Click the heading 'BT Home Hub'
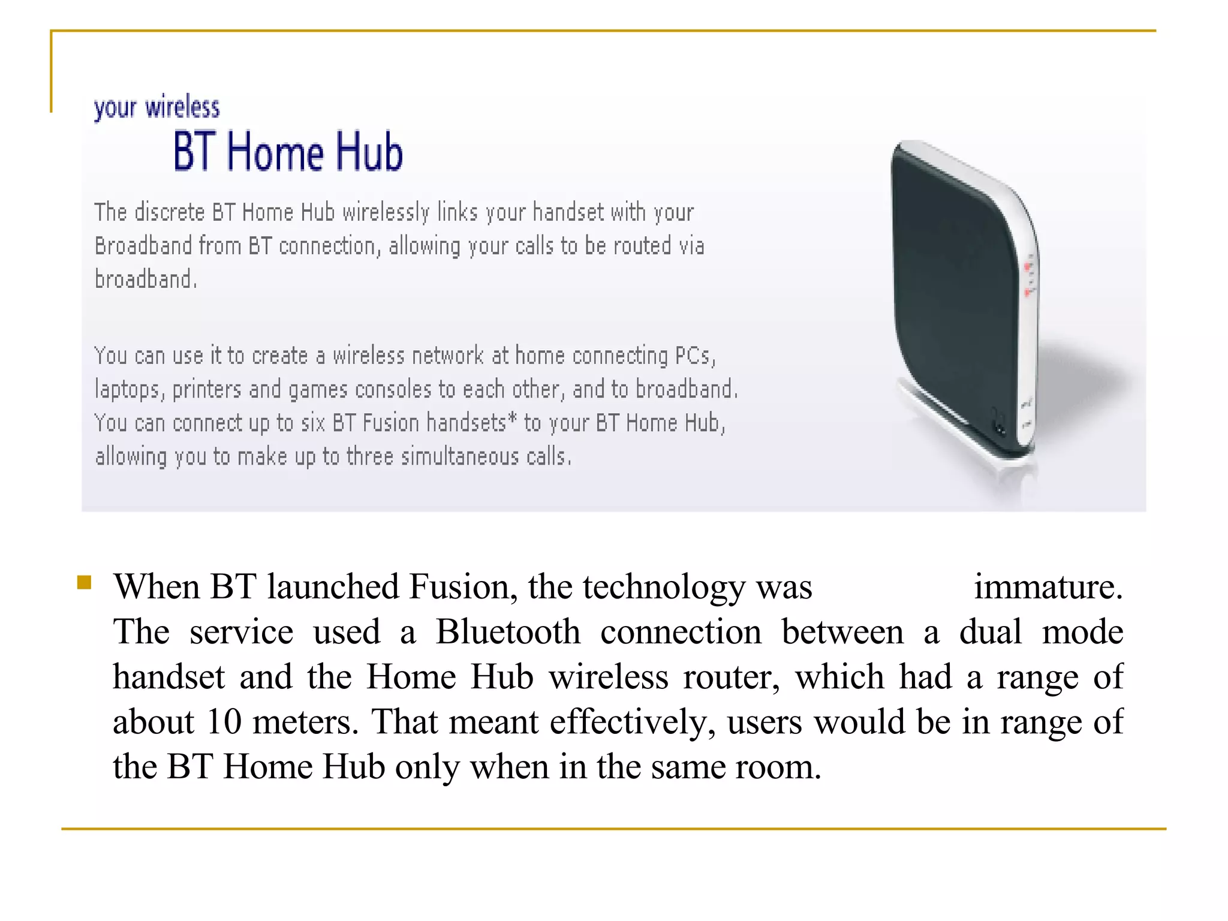point(288,152)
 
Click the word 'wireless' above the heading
point(182,107)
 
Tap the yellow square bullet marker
point(84,582)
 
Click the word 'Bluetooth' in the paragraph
point(508,632)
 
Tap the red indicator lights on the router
point(1028,279)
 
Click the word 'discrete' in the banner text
point(170,212)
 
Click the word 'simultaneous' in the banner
point(460,457)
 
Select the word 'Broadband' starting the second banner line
point(143,246)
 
